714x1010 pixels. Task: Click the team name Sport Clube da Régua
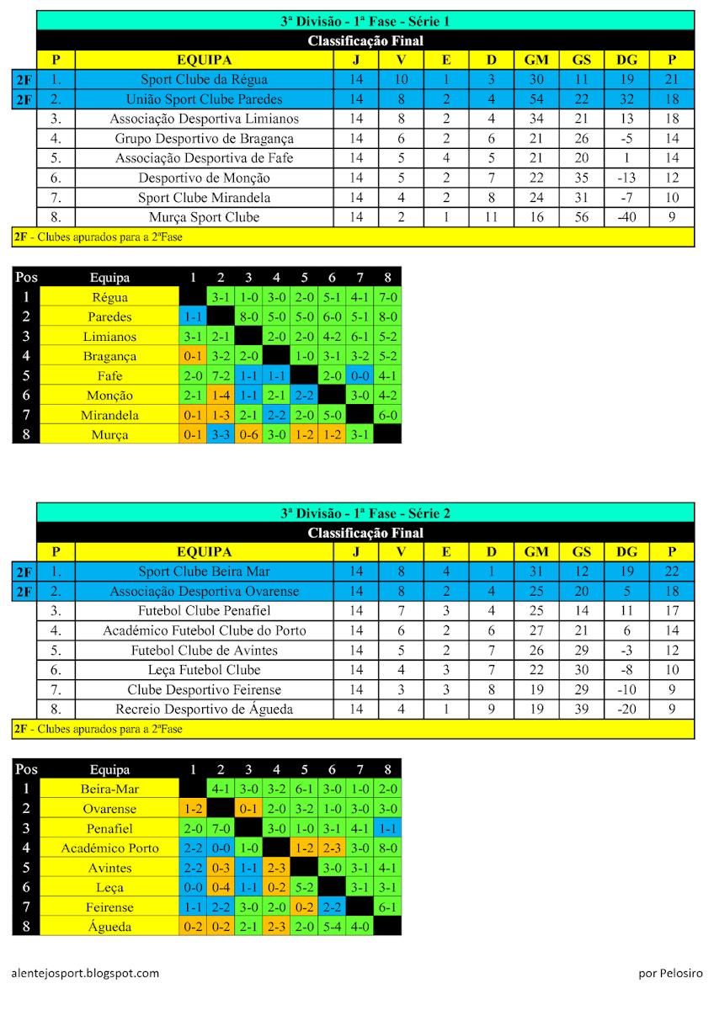click(204, 79)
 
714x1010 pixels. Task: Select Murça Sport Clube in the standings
click(204, 217)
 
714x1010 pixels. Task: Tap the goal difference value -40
click(626, 217)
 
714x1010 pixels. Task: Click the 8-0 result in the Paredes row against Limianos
click(248, 316)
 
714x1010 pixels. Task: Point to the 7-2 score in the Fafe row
click(221, 375)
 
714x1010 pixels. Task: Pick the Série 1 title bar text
click(365, 21)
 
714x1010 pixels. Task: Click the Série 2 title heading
click(365, 513)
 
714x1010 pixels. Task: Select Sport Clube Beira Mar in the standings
click(204, 571)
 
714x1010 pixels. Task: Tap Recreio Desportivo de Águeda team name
click(204, 710)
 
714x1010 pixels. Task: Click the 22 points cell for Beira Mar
click(671, 571)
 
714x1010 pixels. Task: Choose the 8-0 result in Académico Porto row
click(387, 848)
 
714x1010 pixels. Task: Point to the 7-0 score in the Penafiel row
click(221, 828)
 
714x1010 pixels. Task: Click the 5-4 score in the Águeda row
click(332, 926)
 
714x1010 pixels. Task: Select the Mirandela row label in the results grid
click(109, 415)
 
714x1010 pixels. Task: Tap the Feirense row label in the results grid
click(109, 906)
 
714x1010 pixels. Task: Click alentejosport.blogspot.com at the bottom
click(86, 973)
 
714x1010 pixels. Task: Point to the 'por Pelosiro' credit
click(670, 973)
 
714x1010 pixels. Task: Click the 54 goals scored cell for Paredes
click(536, 99)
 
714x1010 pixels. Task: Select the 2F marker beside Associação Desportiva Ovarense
click(24, 591)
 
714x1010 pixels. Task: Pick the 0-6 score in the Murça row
click(248, 434)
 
